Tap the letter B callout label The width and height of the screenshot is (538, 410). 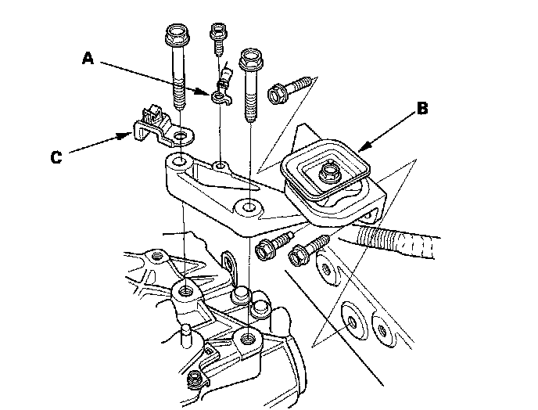tap(421, 110)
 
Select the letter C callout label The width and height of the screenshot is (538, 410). tap(56, 157)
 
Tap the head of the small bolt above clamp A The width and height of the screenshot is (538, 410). tap(217, 33)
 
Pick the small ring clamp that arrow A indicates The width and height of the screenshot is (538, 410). tap(221, 95)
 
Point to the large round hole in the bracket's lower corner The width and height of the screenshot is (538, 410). tap(250, 208)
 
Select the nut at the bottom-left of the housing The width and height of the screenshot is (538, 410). tap(193, 381)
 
